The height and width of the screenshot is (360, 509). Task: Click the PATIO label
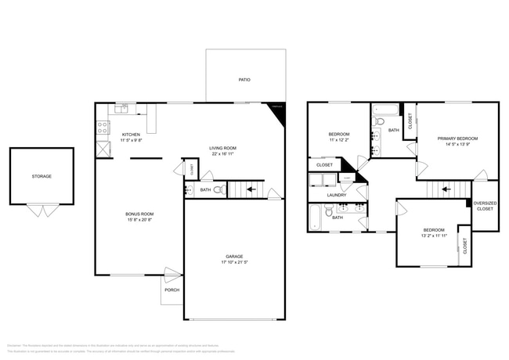(x=244, y=81)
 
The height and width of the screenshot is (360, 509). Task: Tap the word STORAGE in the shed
(x=42, y=176)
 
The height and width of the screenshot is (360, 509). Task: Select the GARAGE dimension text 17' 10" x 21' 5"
(x=235, y=261)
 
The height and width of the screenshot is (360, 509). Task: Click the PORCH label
(x=171, y=290)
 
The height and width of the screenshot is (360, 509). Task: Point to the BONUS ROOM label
(x=139, y=214)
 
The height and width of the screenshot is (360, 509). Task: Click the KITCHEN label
(x=131, y=135)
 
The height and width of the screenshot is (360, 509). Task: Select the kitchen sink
(x=121, y=110)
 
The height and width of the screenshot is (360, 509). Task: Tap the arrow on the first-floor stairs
(x=251, y=189)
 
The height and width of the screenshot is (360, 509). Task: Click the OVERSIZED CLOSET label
(x=485, y=206)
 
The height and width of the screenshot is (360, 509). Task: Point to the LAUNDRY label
(x=337, y=195)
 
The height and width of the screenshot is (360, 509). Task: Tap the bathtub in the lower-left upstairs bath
(x=315, y=218)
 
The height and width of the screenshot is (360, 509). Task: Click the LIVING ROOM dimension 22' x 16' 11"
(x=222, y=154)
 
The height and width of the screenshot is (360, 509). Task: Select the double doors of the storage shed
(x=42, y=210)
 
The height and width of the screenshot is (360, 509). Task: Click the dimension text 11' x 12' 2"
(x=338, y=140)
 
